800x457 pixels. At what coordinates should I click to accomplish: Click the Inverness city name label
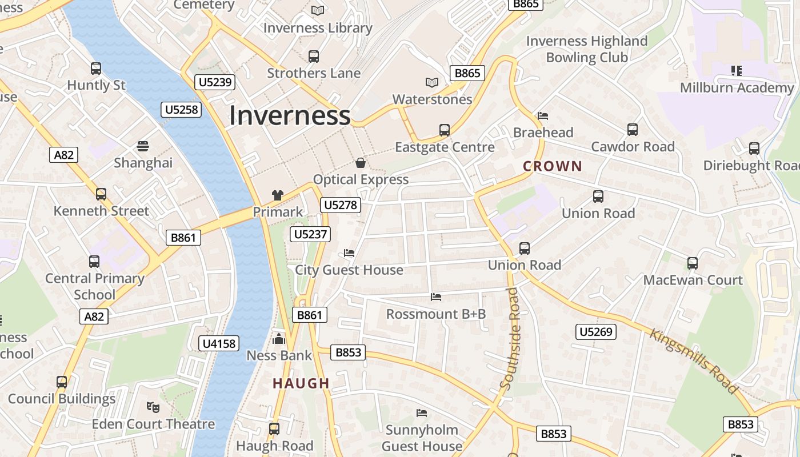pos(290,115)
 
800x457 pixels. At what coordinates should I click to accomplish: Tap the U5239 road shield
pos(215,82)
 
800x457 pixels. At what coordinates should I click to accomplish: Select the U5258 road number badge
pos(182,110)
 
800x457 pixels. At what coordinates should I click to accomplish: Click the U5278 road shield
pos(341,205)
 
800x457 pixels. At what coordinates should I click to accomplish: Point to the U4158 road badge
pos(219,343)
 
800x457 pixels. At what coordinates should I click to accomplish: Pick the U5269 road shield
pos(595,332)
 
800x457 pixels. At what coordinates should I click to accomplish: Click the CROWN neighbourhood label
pos(553,166)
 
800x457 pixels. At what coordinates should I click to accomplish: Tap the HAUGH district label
pos(301,383)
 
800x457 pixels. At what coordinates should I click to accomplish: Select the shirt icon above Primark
pos(278,195)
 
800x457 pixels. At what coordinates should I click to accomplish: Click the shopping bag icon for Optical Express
pos(361,163)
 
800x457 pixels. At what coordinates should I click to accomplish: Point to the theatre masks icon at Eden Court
pos(153,407)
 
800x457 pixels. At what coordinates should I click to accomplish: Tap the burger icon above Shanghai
pos(143,146)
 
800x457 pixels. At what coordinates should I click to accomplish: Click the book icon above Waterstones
pos(432,83)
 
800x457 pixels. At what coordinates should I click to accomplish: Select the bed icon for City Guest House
pos(349,253)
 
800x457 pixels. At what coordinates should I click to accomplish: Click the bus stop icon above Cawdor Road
pos(633,130)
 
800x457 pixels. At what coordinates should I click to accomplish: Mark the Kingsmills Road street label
pos(693,361)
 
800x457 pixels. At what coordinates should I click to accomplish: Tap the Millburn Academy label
pos(737,88)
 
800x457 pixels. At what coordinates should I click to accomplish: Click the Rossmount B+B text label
pos(436,314)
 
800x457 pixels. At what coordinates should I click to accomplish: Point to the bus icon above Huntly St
pos(96,69)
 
